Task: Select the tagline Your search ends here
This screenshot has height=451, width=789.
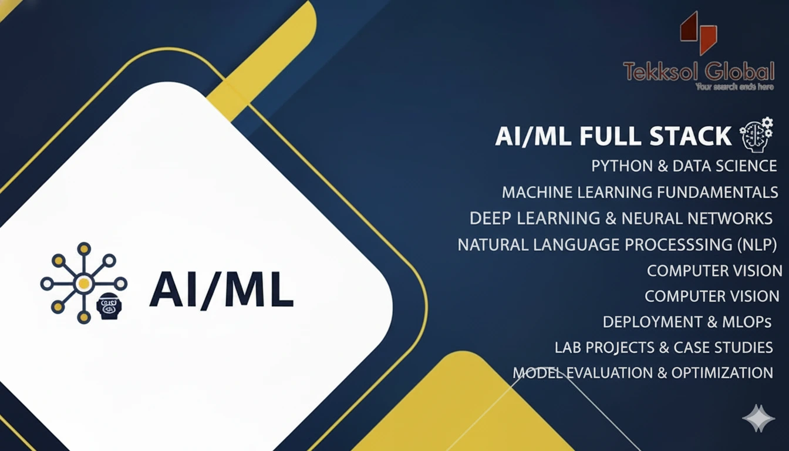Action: click(x=734, y=87)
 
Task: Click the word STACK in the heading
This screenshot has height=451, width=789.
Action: click(x=690, y=136)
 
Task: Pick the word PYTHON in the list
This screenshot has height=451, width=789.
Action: click(x=622, y=166)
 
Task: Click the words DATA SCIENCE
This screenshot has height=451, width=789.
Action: click(x=725, y=166)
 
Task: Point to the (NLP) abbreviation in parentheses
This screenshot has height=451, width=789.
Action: click(x=757, y=244)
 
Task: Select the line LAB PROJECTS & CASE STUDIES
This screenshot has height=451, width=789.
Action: click(x=663, y=347)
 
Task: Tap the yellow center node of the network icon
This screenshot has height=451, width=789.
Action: click(x=83, y=284)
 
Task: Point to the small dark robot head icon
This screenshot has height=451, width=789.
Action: click(x=107, y=307)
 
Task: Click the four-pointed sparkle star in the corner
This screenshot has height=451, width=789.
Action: click(x=758, y=419)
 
